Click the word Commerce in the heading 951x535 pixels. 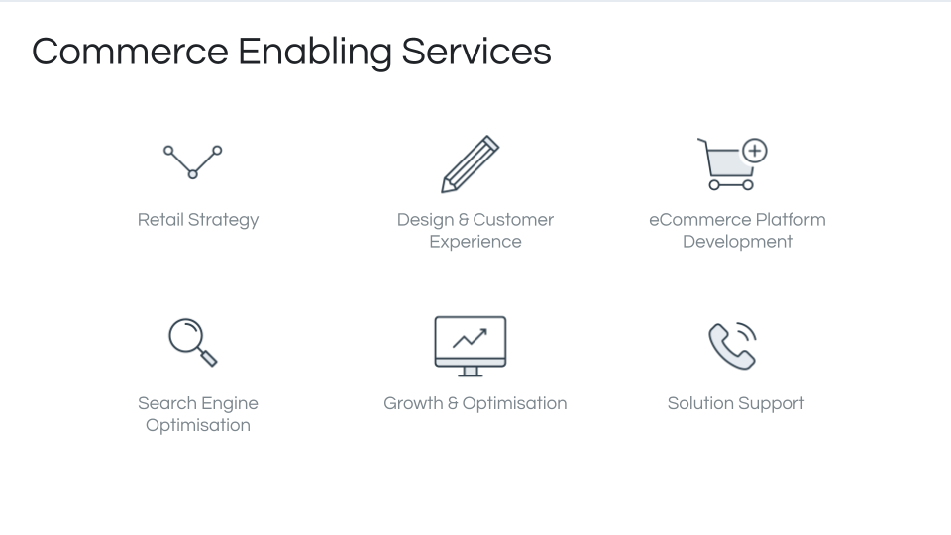pyautogui.click(x=130, y=52)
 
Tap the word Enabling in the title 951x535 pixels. pyautogui.click(x=315, y=53)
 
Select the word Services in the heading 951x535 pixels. pyautogui.click(x=476, y=52)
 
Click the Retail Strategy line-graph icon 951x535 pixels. pyautogui.click(x=193, y=161)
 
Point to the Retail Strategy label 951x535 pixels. pyautogui.click(x=198, y=220)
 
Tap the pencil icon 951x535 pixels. pyautogui.click(x=470, y=164)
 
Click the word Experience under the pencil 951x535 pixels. pyautogui.click(x=475, y=242)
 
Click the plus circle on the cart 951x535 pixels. pyautogui.click(x=755, y=151)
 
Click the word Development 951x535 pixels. pyautogui.click(x=737, y=242)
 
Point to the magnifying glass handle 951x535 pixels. pyautogui.click(x=208, y=358)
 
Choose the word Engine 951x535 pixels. pyautogui.click(x=229, y=404)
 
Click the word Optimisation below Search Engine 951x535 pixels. pyautogui.click(x=198, y=425)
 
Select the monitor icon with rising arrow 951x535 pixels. pyautogui.click(x=470, y=347)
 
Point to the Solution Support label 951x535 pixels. pyautogui.click(x=736, y=404)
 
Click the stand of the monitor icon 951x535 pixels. pyautogui.click(x=470, y=372)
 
